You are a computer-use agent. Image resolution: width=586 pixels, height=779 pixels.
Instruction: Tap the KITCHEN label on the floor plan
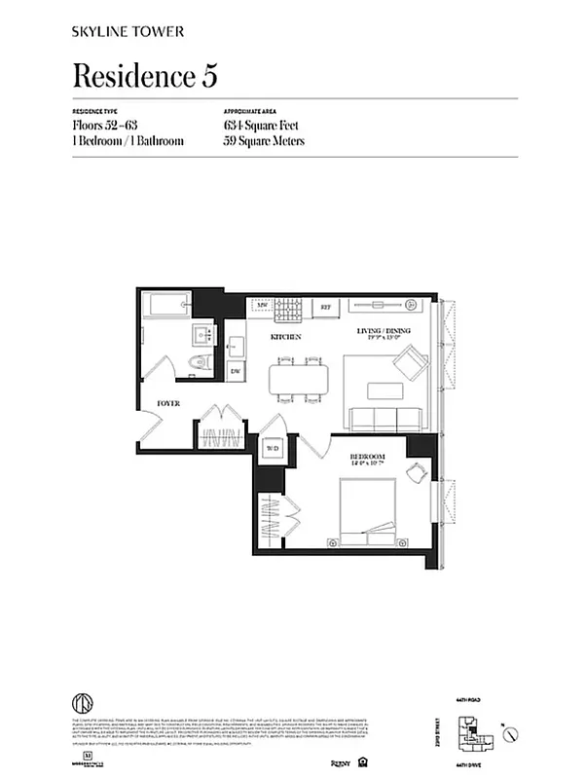[285, 337]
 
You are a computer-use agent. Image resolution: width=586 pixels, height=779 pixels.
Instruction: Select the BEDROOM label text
[369, 457]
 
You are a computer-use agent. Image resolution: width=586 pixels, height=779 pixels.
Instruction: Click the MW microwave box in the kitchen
[262, 306]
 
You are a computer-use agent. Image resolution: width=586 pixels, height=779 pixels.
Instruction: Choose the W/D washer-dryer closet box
[273, 449]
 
